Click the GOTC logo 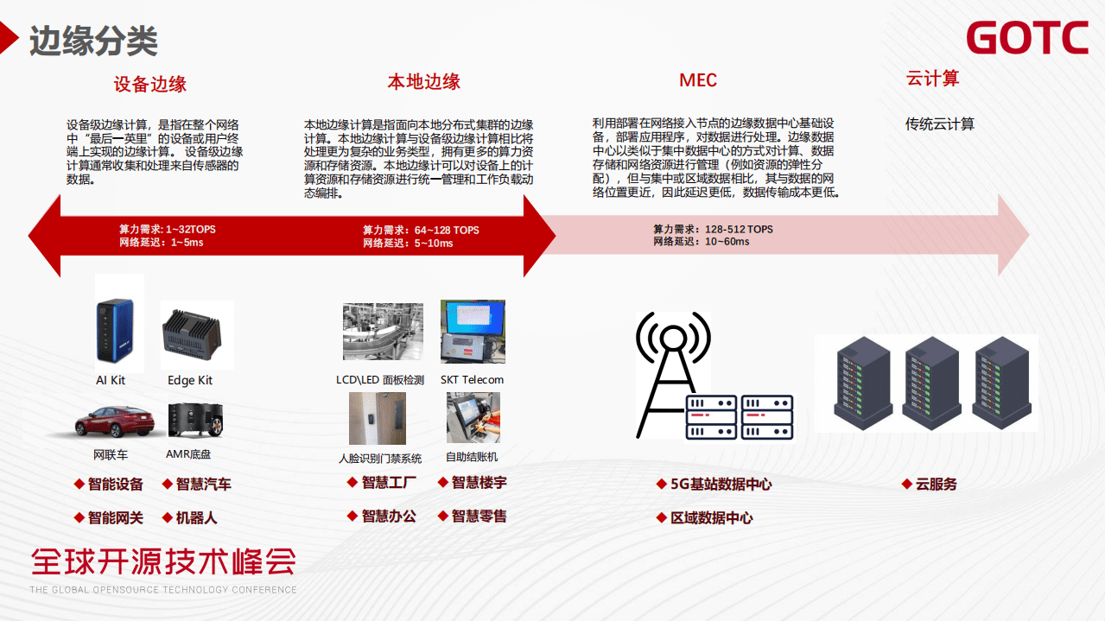[x=1026, y=39]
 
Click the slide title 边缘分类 [x=93, y=40]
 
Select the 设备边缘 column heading [x=150, y=84]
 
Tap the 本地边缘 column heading [x=423, y=82]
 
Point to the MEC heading [x=698, y=80]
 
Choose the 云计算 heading [x=932, y=79]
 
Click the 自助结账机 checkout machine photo [x=473, y=418]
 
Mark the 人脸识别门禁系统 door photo [x=378, y=419]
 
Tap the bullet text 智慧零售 [x=479, y=516]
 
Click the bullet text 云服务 [x=936, y=485]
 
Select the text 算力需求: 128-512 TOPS [x=713, y=230]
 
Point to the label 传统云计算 [x=939, y=124]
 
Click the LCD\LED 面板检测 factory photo [x=383, y=332]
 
